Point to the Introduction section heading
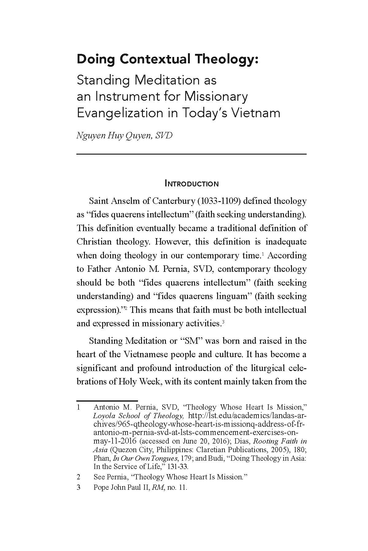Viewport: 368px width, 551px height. click(x=192, y=184)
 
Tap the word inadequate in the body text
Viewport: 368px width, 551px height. click(x=286, y=242)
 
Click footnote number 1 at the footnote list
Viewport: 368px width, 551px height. click(x=79, y=407)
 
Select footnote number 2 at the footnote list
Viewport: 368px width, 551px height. click(x=79, y=477)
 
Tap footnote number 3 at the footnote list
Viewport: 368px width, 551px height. click(x=79, y=487)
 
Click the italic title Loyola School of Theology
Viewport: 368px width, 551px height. click(x=138, y=416)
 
